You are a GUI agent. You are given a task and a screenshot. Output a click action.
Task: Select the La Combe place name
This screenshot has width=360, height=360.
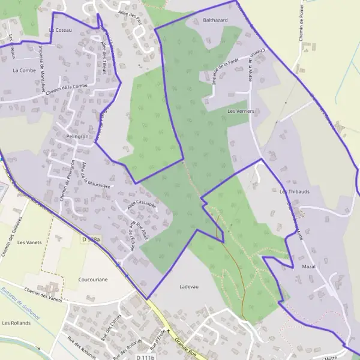pos(24,70)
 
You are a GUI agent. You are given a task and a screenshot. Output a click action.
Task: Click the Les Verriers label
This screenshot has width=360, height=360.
pos(242,112)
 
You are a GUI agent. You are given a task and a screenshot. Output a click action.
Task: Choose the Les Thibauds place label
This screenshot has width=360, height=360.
pos(295,191)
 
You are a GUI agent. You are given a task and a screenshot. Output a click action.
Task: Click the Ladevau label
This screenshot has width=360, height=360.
pos(188,287)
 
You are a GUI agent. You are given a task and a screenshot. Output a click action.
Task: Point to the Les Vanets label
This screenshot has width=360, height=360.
pos(29,242)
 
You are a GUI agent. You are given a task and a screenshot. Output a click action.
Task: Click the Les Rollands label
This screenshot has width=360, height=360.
pos(16,323)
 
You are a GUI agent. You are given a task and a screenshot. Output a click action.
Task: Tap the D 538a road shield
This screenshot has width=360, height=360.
pos(92,239)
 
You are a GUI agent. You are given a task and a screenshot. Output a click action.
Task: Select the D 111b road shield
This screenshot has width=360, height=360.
pos(145,357)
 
